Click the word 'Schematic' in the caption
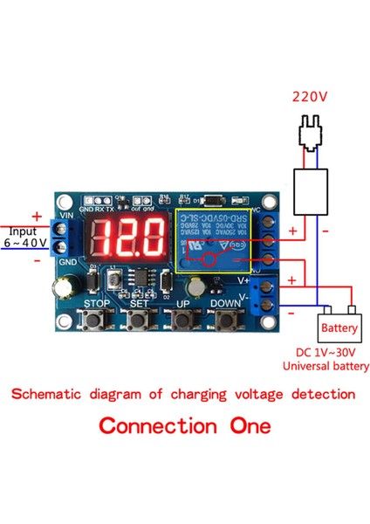(x=55, y=394)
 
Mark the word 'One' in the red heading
(x=248, y=427)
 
